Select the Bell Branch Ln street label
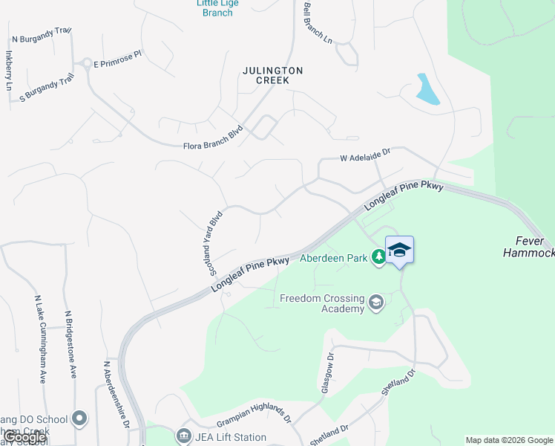[318, 23]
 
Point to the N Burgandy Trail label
[42, 35]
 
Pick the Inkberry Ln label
[10, 70]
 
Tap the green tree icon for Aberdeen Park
[379, 256]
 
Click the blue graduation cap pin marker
[399, 251]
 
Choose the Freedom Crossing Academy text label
[323, 304]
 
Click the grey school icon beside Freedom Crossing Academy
[376, 302]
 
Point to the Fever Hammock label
[528, 247]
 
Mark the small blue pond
[427, 90]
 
